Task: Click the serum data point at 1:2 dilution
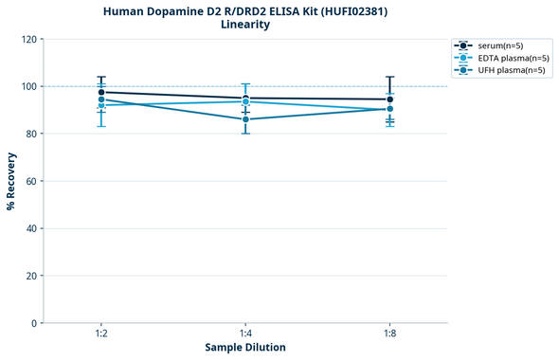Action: pos(101,92)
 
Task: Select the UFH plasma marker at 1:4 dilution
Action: pos(245,119)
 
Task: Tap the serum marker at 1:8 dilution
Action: pos(389,99)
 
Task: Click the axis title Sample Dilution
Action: pos(245,348)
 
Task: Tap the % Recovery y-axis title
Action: pos(10,180)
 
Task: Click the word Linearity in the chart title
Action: pos(245,25)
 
